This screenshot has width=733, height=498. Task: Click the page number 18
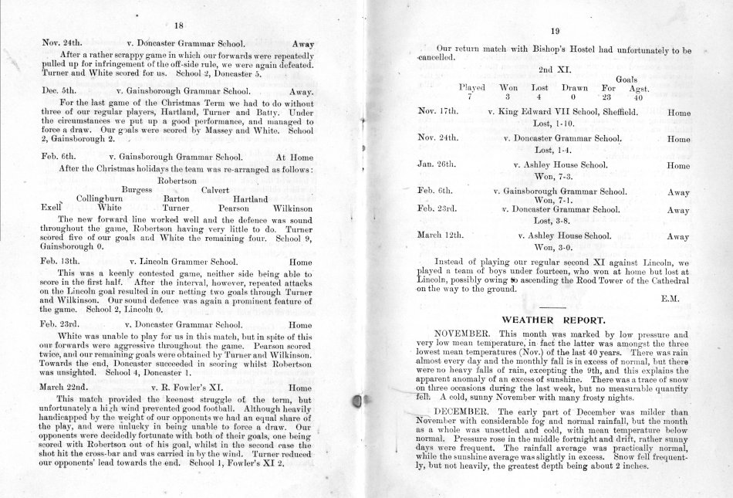coord(177,25)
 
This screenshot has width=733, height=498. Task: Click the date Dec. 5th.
coord(59,90)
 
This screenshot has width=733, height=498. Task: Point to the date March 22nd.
coord(65,388)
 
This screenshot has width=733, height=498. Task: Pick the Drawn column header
coord(575,88)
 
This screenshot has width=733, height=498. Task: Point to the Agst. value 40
coord(637,98)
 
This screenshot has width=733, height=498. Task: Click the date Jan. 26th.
coord(437,165)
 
